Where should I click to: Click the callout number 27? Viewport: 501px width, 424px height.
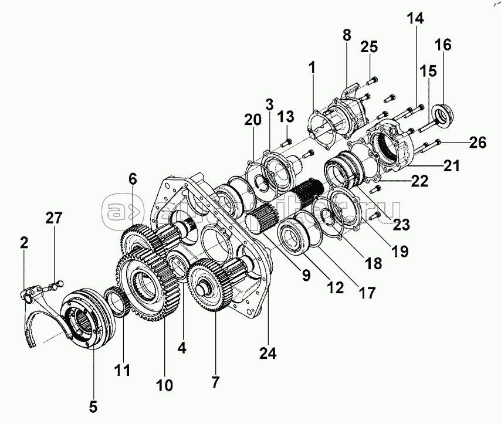[54, 219]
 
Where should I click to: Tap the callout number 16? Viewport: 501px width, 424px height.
[443, 45]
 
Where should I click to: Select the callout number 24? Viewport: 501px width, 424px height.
[267, 354]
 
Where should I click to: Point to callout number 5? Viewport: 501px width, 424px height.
[94, 405]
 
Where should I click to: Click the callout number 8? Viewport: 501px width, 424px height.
[347, 35]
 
